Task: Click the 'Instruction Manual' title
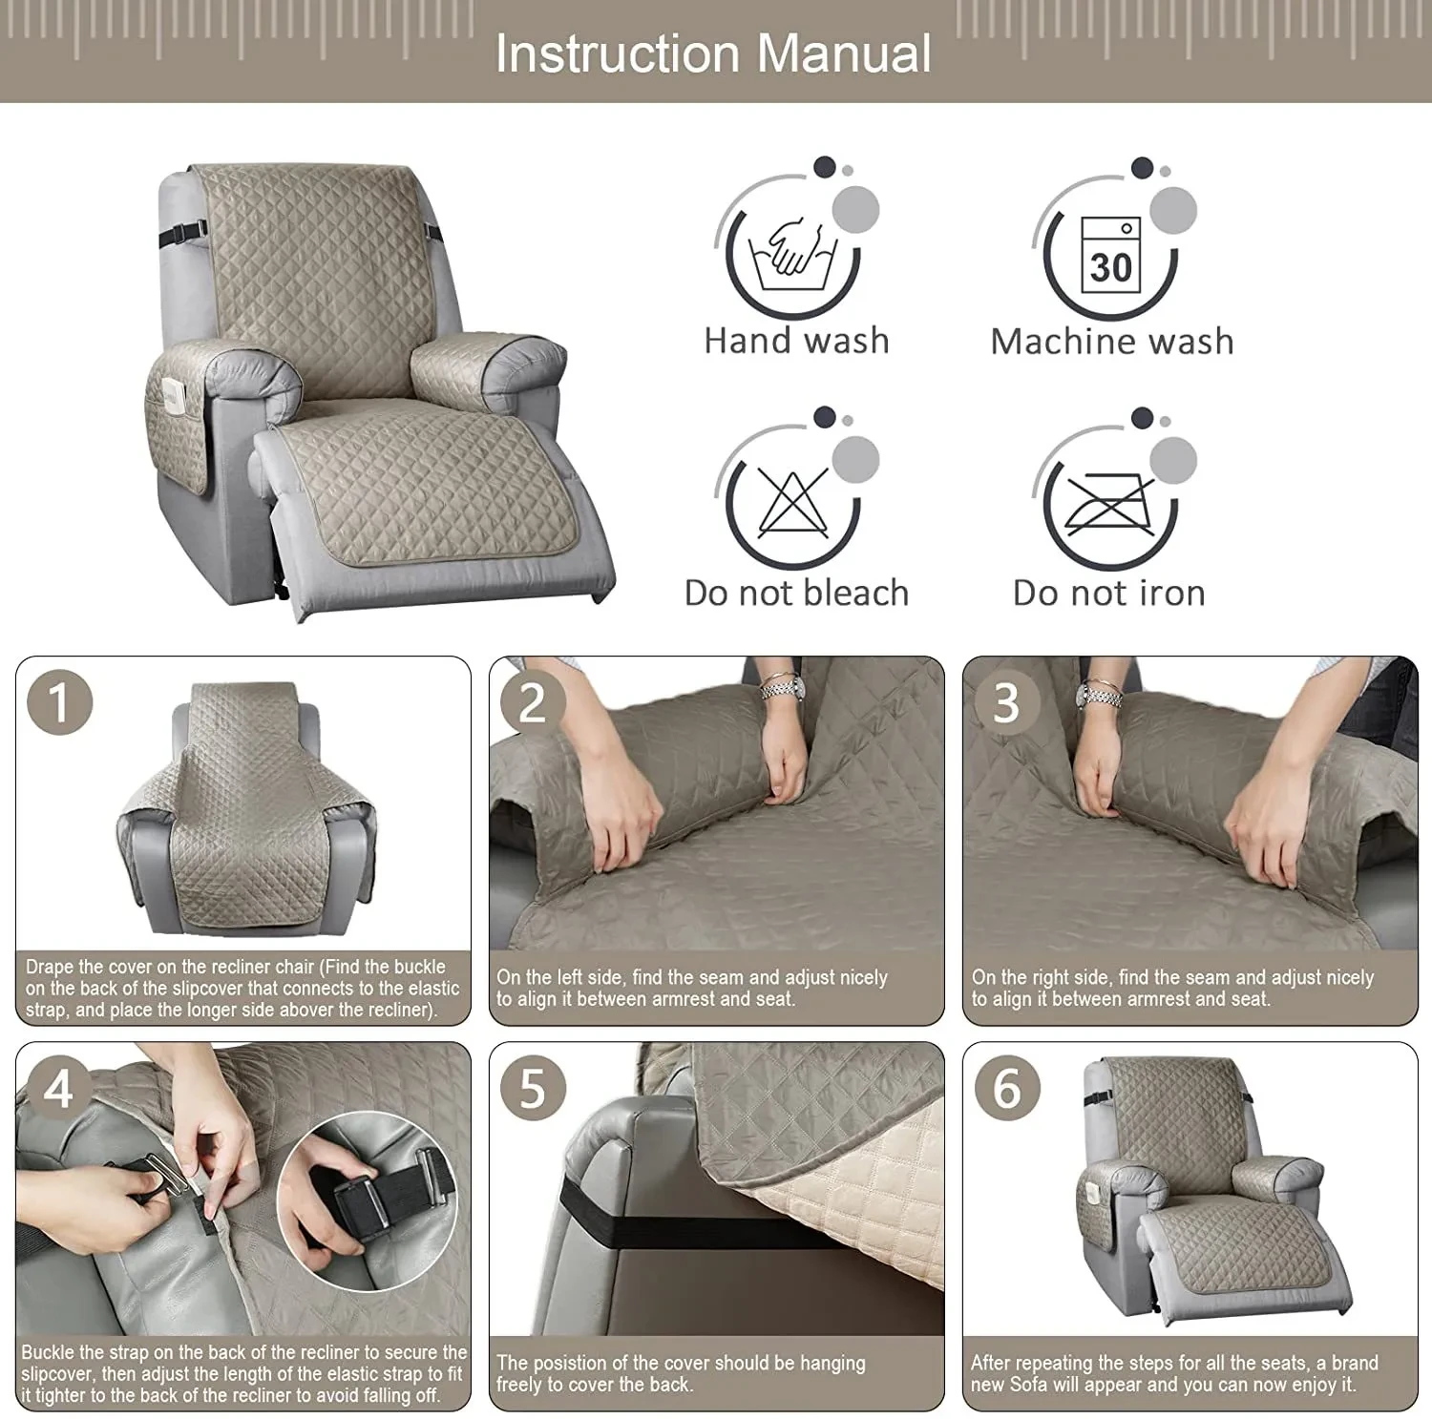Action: point(713,53)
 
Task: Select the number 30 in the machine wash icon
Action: point(1110,266)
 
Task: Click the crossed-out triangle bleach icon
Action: point(792,503)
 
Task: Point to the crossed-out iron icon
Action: point(1109,504)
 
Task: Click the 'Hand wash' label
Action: point(796,341)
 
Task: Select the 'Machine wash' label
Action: point(1112,341)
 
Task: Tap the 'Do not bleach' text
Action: point(796,593)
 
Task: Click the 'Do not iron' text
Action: point(1109,593)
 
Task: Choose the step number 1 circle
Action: point(59,703)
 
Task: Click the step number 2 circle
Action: point(532,703)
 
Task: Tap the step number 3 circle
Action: point(1005,703)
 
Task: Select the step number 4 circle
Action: point(58,1089)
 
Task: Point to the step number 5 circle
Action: point(532,1089)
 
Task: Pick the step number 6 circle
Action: point(1006,1089)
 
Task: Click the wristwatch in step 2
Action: point(780,686)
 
